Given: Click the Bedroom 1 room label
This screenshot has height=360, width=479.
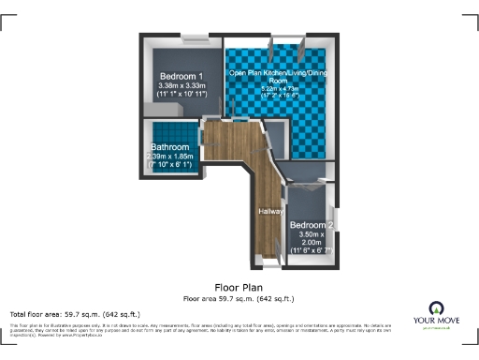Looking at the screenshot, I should pyautogui.click(x=181, y=76).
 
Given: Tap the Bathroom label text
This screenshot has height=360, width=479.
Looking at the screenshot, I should pyautogui.click(x=172, y=147).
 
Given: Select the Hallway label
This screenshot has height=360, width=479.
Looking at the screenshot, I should pyautogui.click(x=271, y=211).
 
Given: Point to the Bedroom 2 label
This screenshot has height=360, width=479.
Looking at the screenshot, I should pyautogui.click(x=312, y=226).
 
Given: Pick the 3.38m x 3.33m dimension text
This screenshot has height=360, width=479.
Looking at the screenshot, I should pyautogui.click(x=181, y=86).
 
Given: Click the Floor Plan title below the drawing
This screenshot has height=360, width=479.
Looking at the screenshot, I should pyautogui.click(x=239, y=287).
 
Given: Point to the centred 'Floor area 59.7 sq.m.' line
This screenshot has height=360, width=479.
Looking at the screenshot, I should pyautogui.click(x=239, y=298).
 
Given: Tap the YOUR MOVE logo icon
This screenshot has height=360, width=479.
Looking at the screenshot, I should pyautogui.click(x=435, y=308).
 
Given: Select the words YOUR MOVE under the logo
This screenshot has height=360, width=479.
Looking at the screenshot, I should pyautogui.click(x=435, y=322).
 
